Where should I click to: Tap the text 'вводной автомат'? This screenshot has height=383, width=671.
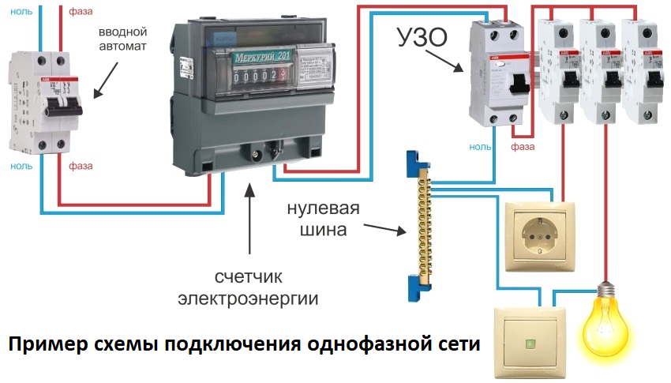[x=123, y=39]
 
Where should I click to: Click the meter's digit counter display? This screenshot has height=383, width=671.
[x=260, y=77]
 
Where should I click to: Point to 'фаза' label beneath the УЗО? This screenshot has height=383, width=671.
[x=523, y=147]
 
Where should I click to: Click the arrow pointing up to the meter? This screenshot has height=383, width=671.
[x=251, y=218]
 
